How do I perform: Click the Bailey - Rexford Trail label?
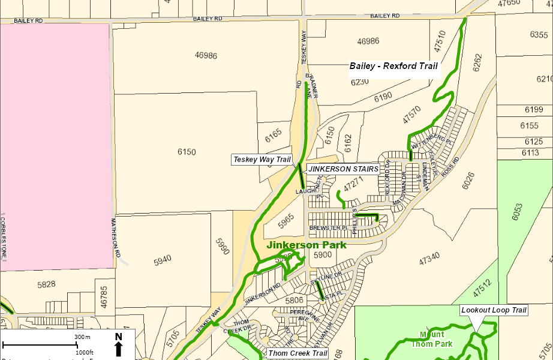pos(393,66)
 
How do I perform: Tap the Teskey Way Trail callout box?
pos(262,160)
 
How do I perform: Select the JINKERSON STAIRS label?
pos(344,169)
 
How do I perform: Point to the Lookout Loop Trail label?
pos(494,310)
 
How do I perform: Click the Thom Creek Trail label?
pos(297,353)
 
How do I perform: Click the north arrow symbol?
pos(118,346)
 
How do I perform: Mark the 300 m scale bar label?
pos(82,337)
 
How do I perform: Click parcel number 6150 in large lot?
pos(187,152)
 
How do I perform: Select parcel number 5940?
pos(162,259)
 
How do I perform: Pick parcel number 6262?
pos(477,63)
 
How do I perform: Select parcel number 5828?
pos(46,284)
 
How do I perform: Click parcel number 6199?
pos(533,109)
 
